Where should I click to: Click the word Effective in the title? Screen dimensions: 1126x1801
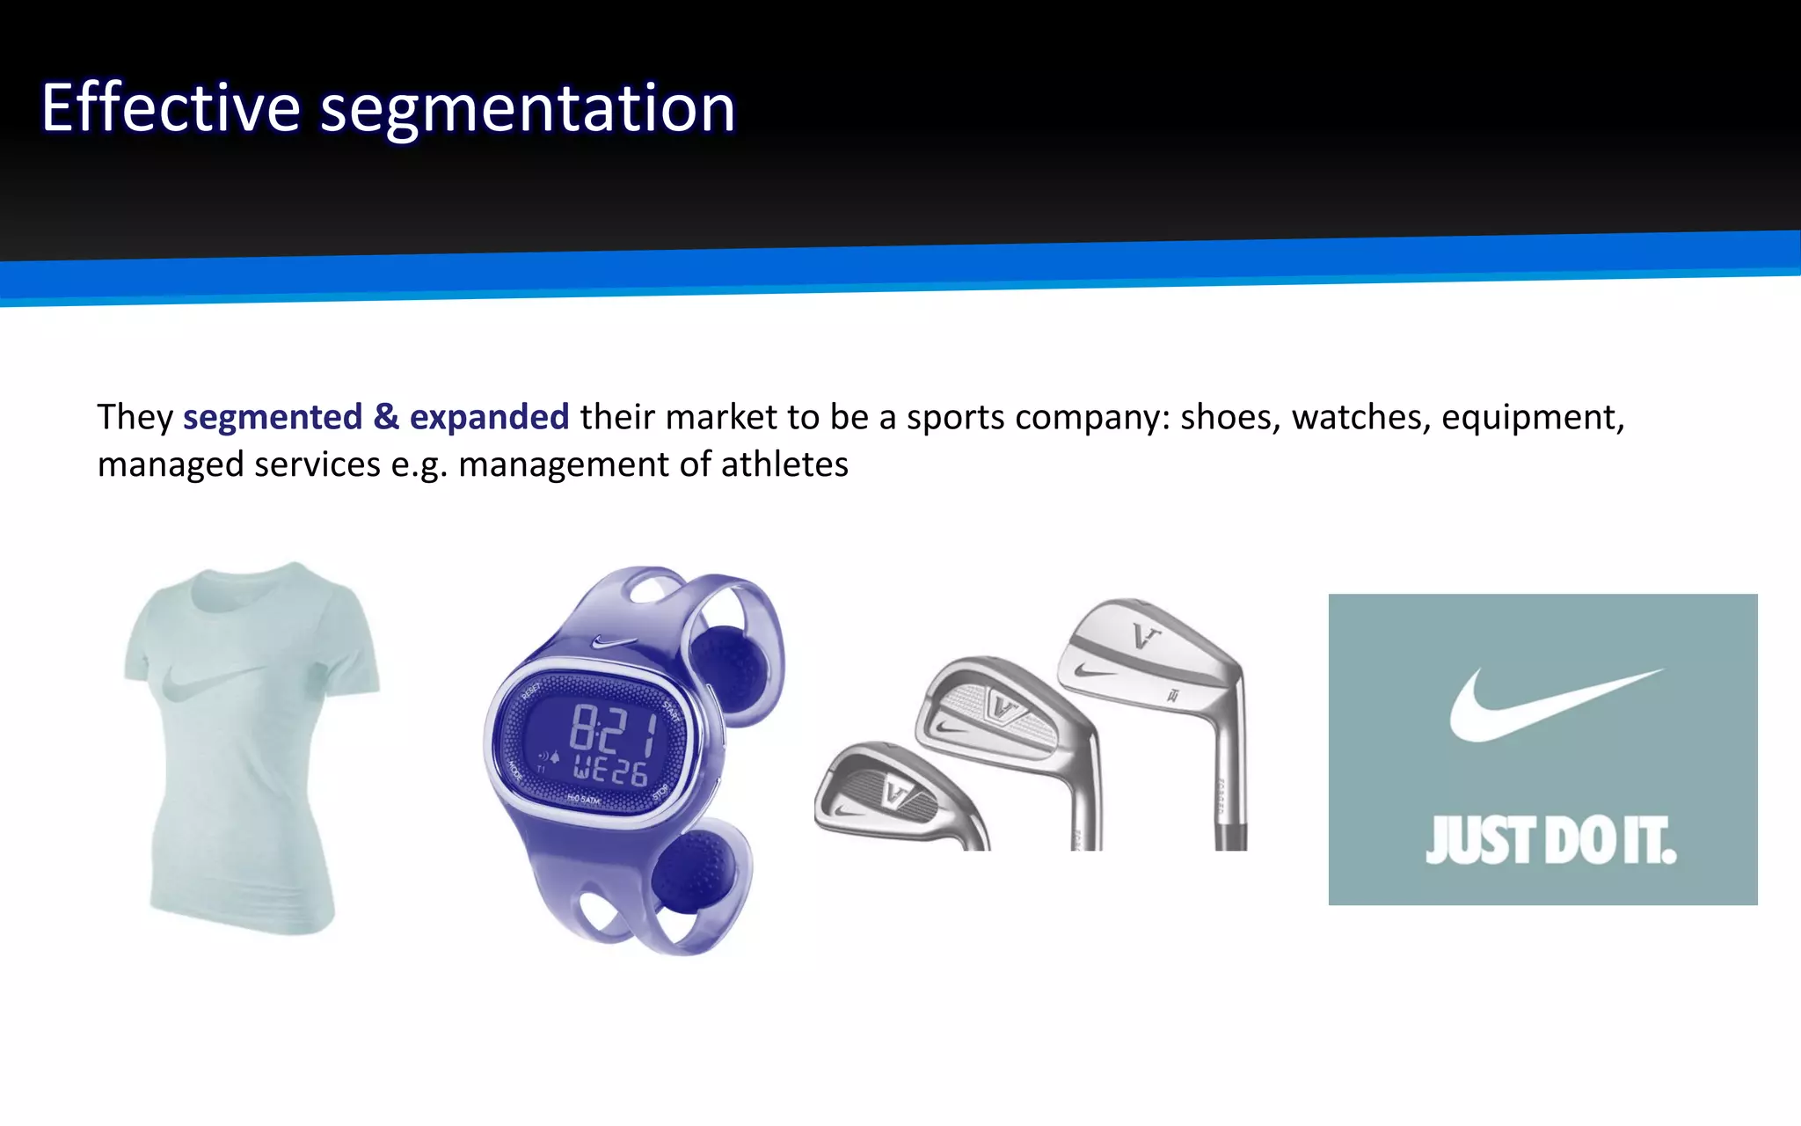(171, 108)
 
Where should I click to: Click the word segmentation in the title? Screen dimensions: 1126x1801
(528, 110)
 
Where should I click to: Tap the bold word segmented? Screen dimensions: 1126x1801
(273, 417)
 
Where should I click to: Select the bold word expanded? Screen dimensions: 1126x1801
(489, 417)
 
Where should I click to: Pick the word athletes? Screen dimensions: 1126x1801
(784, 464)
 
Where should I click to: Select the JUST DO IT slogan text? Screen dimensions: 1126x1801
(1550, 841)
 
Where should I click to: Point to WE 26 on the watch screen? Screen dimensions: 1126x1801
(610, 771)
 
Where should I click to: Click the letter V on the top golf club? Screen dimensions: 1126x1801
(1145, 635)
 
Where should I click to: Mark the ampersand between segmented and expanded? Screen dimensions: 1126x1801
(386, 417)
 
